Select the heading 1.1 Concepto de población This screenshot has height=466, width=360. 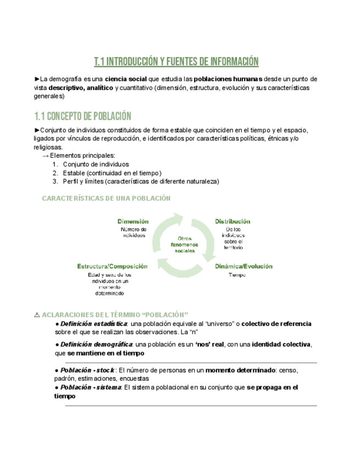[82, 116]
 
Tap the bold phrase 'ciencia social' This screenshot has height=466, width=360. [126, 79]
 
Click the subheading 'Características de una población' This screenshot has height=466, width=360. [106, 198]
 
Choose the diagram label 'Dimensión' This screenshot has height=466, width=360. [132, 221]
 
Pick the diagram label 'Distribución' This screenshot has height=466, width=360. [232, 221]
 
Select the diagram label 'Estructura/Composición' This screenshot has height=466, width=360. [112, 266]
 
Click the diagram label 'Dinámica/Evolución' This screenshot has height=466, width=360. [243, 266]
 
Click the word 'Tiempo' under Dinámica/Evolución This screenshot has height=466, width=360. [237, 274]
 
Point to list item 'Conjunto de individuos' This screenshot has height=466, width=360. [96, 164]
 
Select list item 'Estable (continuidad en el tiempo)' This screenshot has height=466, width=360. [112, 173]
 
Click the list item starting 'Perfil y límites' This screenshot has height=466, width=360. [141, 181]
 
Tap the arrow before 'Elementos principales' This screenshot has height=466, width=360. [45, 156]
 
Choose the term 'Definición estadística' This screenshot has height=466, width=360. [92, 324]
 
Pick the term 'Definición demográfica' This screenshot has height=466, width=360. [96, 344]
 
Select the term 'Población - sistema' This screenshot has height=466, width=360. [91, 387]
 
